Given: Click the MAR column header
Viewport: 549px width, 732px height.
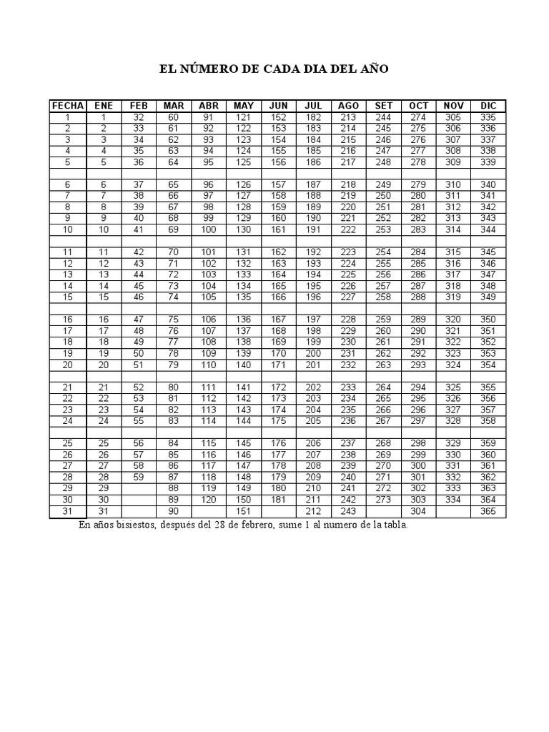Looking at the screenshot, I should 174,106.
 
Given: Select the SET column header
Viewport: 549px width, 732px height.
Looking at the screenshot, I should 383,106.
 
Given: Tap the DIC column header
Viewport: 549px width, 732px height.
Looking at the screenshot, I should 488,106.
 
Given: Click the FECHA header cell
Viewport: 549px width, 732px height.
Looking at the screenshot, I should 67,106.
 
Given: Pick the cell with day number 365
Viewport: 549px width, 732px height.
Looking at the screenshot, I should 488,512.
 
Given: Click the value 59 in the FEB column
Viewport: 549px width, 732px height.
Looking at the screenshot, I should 139,477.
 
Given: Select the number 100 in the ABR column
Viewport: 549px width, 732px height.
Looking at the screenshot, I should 209,229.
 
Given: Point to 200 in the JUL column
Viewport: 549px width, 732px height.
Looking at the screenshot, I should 313,353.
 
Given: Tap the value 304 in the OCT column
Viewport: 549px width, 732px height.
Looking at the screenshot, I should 418,512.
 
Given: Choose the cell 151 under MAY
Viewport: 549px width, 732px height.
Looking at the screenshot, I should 244,512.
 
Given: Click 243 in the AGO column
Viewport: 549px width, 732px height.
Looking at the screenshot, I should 348,512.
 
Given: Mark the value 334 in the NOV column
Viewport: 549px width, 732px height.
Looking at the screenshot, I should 453,500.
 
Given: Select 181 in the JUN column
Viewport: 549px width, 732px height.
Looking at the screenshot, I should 279,500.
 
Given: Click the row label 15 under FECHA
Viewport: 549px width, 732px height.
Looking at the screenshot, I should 67,297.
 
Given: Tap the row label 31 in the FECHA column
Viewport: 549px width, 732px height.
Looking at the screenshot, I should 67,512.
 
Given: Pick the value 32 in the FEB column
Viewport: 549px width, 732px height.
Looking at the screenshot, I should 139,117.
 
